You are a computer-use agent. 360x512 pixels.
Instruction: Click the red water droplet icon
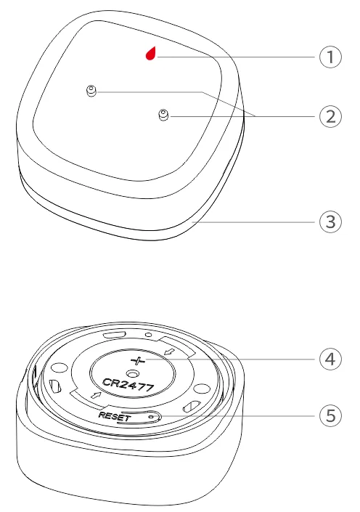(x=151, y=53)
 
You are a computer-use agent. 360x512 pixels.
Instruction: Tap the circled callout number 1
(x=330, y=57)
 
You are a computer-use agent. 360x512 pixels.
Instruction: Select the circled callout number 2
(x=330, y=116)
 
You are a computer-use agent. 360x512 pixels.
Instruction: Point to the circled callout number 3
(x=330, y=222)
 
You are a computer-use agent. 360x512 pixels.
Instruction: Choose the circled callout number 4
(x=330, y=359)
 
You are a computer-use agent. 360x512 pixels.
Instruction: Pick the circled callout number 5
(x=330, y=415)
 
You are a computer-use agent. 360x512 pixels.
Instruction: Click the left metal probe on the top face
(x=91, y=91)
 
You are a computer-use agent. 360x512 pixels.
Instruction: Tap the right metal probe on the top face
(x=163, y=115)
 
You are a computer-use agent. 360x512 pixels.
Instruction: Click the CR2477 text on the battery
(x=128, y=385)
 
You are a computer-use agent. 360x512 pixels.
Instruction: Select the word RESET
(x=115, y=416)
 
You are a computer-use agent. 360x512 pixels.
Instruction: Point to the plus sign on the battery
(x=138, y=361)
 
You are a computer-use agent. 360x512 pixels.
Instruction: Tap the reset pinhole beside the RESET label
(x=150, y=417)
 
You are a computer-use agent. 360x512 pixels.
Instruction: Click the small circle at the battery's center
(x=133, y=373)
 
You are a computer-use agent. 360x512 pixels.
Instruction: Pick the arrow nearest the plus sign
(x=170, y=352)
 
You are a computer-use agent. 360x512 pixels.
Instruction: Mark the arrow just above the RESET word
(x=96, y=395)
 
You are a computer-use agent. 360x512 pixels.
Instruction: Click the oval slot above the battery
(x=113, y=335)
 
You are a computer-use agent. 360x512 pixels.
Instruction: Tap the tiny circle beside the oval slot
(x=149, y=334)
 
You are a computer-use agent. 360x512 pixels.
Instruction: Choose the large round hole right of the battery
(x=202, y=389)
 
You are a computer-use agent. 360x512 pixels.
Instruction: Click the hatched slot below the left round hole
(x=54, y=386)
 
